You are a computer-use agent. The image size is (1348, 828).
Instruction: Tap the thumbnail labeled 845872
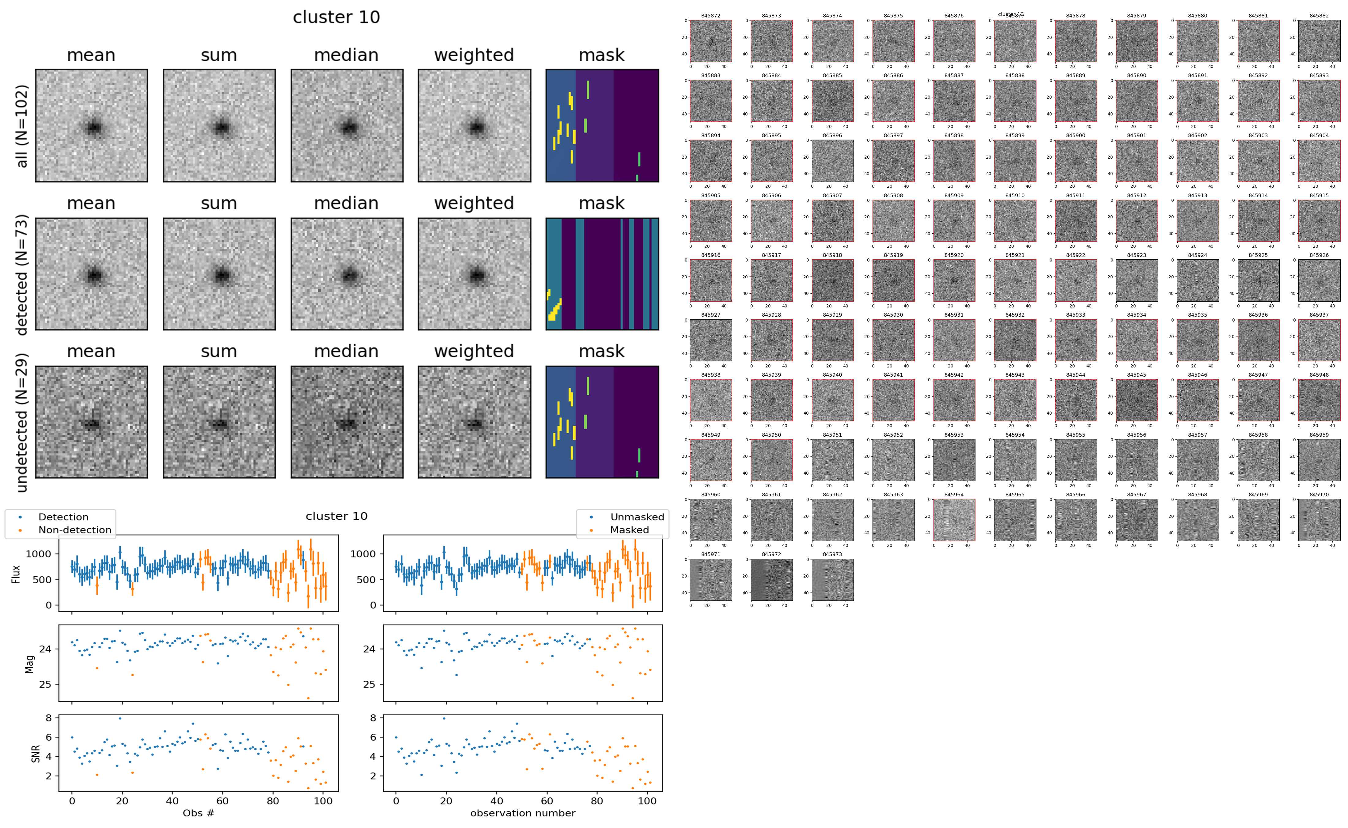point(710,41)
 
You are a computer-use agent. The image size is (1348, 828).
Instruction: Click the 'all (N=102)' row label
point(22,126)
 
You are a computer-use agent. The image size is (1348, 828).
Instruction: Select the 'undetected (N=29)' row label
point(22,422)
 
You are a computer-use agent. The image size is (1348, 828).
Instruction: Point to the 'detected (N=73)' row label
point(22,274)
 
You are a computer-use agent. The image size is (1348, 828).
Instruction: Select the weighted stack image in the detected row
point(474,274)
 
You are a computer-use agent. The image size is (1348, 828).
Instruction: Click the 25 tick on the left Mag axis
point(45,684)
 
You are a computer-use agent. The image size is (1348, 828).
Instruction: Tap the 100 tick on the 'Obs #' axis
point(323,801)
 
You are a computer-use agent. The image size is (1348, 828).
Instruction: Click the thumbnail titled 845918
point(832,280)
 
